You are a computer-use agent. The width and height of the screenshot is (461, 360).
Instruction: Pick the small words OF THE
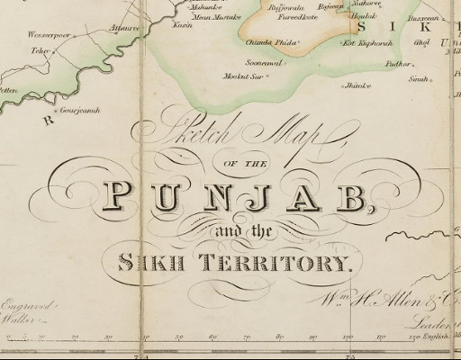[230, 162]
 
